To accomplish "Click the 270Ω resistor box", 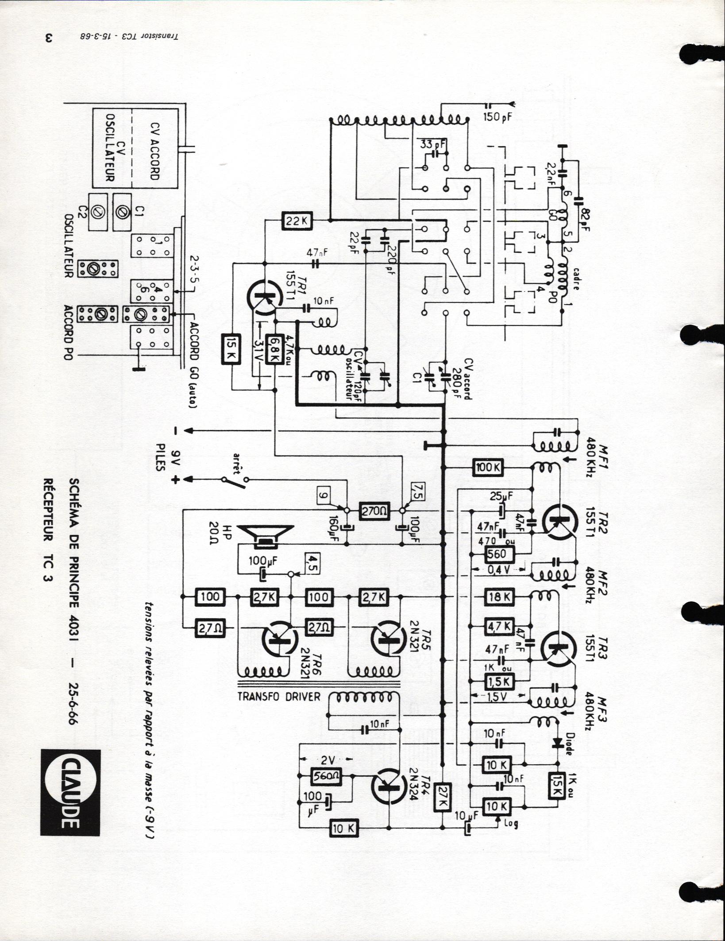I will pyautogui.click(x=374, y=511).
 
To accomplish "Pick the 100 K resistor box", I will pyautogui.click(x=486, y=468).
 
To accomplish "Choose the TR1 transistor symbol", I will pyautogui.click(x=266, y=297).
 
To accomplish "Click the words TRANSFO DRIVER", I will pyautogui.click(x=279, y=696).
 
